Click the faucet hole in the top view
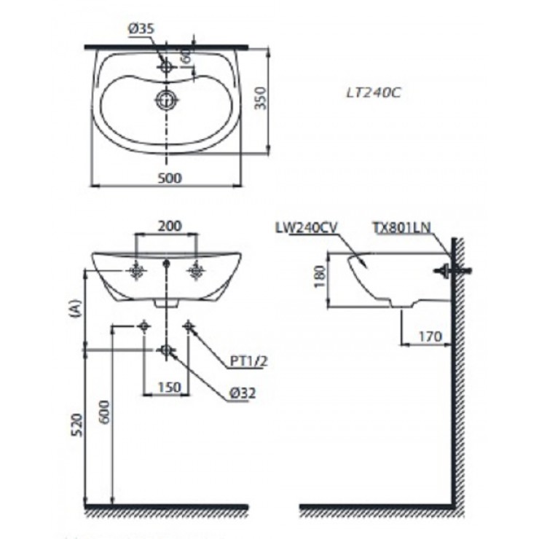click(x=168, y=66)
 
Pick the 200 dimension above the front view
click(x=169, y=227)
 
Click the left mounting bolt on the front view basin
click(x=136, y=272)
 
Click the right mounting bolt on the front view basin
click(x=196, y=272)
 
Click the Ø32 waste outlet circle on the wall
click(x=167, y=351)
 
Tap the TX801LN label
click(x=402, y=227)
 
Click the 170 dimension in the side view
click(x=431, y=337)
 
